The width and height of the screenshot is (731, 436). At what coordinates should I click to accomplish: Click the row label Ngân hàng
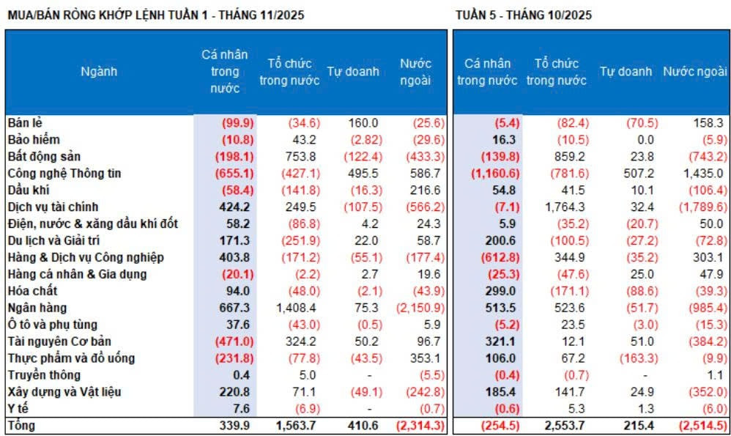31,308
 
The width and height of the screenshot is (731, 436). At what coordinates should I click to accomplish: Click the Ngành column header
99,72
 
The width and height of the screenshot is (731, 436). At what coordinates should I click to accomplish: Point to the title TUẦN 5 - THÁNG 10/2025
523,15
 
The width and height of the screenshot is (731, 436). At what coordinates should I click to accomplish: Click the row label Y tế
17,409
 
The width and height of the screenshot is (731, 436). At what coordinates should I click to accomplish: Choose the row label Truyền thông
40,375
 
